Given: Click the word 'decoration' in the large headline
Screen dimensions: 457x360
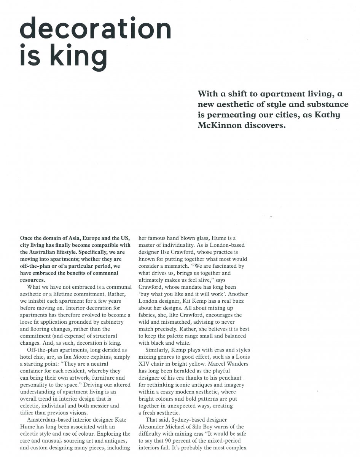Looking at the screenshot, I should [96, 29].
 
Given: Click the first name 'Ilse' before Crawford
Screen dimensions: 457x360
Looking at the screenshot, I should [190, 252].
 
